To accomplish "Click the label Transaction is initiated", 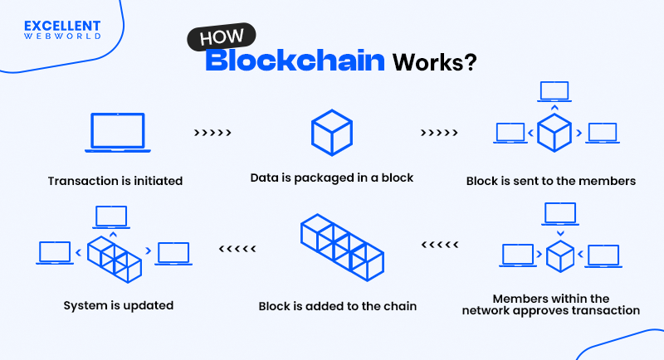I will (115, 180).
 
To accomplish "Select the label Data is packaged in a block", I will (331, 178).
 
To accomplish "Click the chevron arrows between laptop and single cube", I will (212, 133).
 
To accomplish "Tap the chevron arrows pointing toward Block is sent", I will (439, 133).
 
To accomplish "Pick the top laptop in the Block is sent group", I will (554, 90).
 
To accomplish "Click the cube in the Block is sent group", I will (554, 133).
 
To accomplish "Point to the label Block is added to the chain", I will (338, 306).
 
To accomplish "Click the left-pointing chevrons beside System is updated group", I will (237, 248).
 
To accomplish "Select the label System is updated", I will (119, 305).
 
